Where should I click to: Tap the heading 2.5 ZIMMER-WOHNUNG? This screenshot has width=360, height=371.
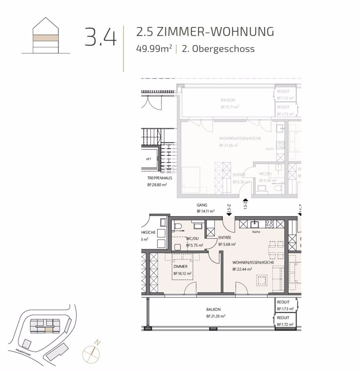click(205, 32)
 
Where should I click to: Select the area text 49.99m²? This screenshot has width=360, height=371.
click(154, 49)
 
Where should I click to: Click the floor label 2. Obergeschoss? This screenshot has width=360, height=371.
click(218, 49)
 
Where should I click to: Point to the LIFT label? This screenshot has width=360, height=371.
click(149, 159)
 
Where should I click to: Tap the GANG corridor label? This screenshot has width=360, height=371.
click(202, 205)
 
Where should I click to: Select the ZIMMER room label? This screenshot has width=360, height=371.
click(180, 267)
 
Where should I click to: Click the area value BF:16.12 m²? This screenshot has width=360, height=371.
click(182, 273)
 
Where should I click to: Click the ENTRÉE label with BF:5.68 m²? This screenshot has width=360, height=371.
click(225, 238)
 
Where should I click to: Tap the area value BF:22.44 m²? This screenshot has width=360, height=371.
click(242, 269)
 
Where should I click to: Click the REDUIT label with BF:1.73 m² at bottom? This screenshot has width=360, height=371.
click(283, 303)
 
